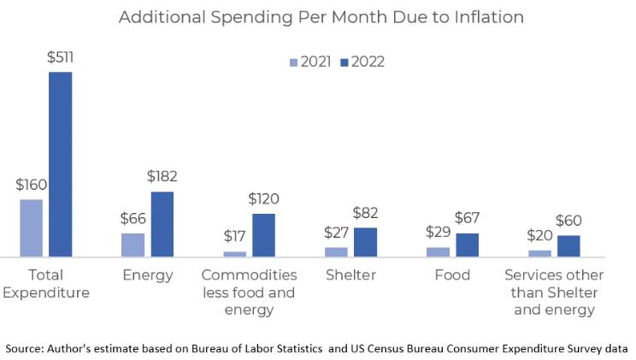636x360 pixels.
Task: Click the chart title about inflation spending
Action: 321,17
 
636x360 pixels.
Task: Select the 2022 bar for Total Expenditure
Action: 60,163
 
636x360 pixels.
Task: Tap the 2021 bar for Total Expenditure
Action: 31,227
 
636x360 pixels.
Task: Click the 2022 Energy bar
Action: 162,223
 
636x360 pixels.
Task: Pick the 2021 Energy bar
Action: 132,245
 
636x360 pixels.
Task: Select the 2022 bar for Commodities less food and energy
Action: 263,234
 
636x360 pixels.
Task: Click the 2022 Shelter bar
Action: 365,242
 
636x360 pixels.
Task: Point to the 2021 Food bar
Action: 438,251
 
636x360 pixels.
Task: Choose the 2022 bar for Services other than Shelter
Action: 568,245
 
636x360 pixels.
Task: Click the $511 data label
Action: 60,57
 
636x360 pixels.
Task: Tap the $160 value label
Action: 31,185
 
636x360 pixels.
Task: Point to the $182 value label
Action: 162,177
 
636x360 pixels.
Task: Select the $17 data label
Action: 234,236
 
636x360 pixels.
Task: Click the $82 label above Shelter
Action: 365,213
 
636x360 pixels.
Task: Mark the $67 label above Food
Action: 467,219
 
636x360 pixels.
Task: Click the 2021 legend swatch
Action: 294,62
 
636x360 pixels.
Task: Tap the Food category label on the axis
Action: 451,275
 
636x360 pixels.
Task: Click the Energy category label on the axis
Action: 147,275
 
